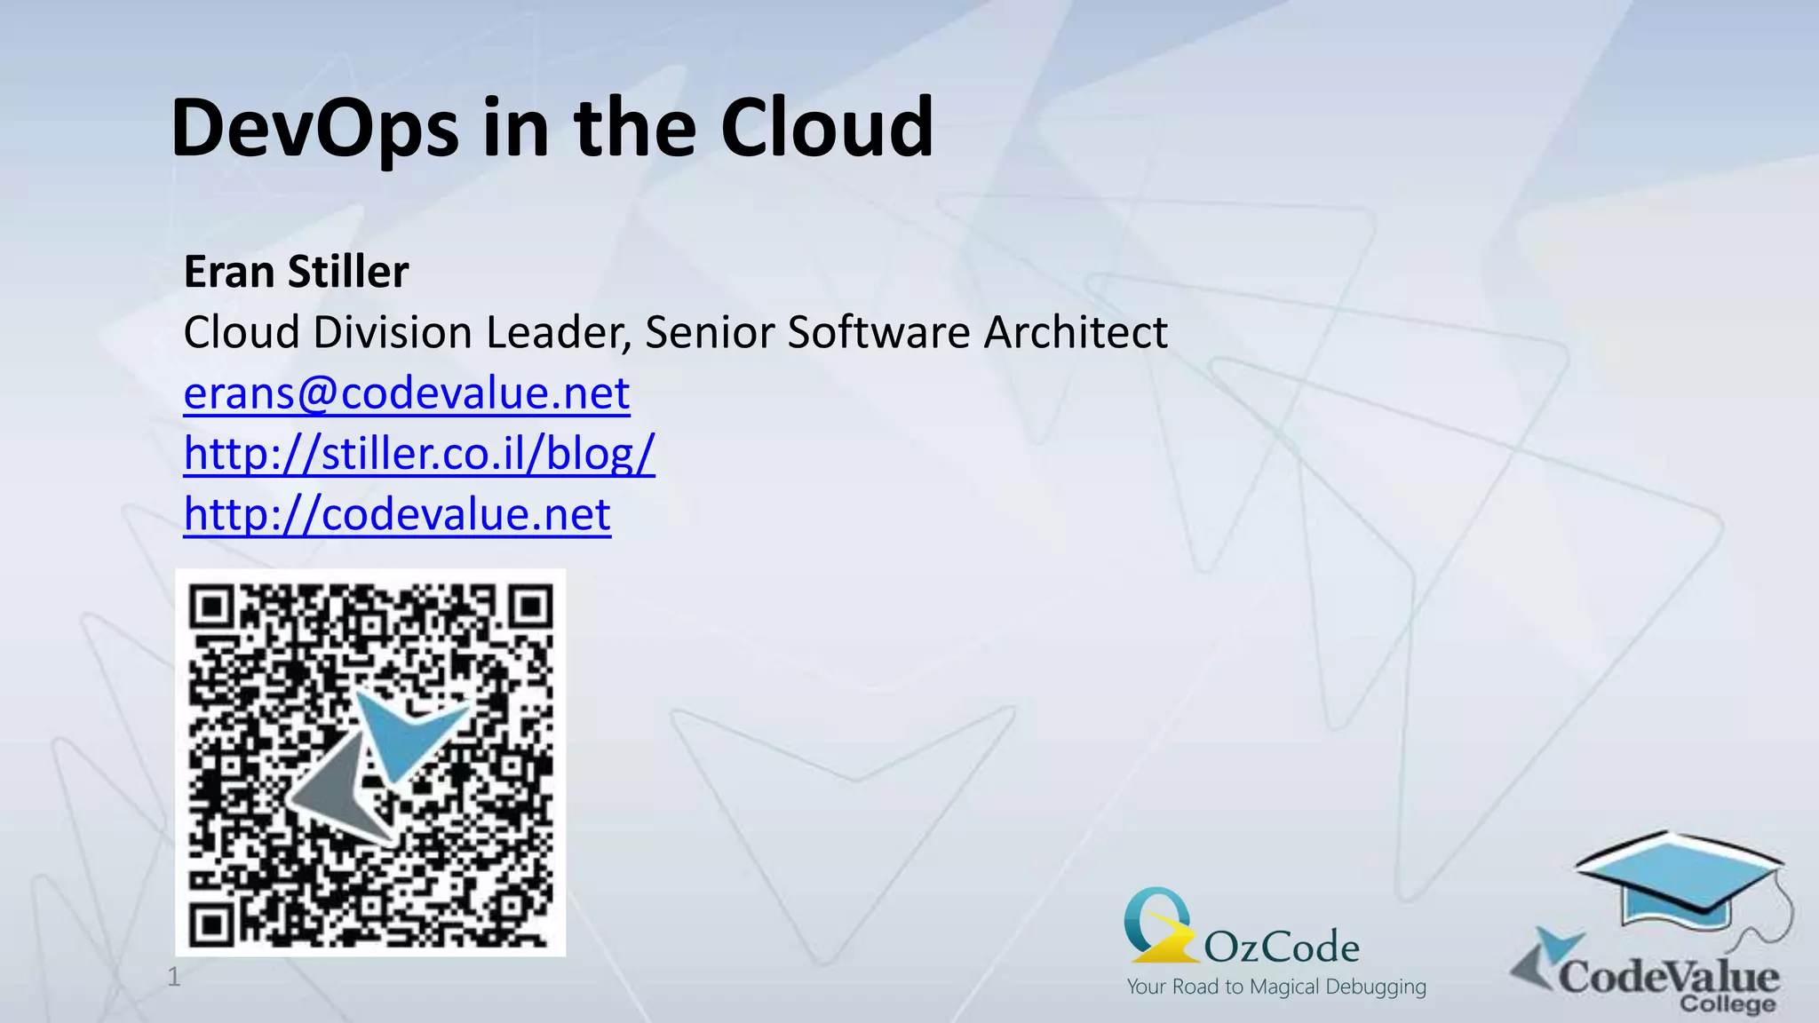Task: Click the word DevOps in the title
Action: [315, 129]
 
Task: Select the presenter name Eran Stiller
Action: [296, 272]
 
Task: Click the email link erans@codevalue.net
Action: [407, 393]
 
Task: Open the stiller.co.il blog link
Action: [419, 453]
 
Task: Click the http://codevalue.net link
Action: [397, 513]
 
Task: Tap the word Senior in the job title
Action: [711, 332]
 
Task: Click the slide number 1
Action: [174, 977]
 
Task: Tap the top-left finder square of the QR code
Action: [211, 607]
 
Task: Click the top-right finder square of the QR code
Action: [531, 607]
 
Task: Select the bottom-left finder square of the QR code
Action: [211, 925]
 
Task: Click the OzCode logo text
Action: [1281, 948]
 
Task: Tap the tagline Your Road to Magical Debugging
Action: [1276, 987]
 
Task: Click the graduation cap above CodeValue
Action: [1679, 879]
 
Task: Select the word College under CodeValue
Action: [1727, 1005]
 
